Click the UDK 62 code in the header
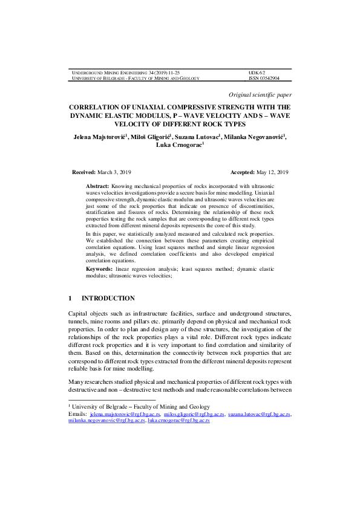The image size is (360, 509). click(257, 73)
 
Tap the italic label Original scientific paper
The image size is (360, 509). click(260, 95)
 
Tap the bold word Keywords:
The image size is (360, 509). click(99, 268)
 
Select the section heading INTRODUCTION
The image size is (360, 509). click(108, 299)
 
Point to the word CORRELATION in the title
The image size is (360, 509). click(103, 105)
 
